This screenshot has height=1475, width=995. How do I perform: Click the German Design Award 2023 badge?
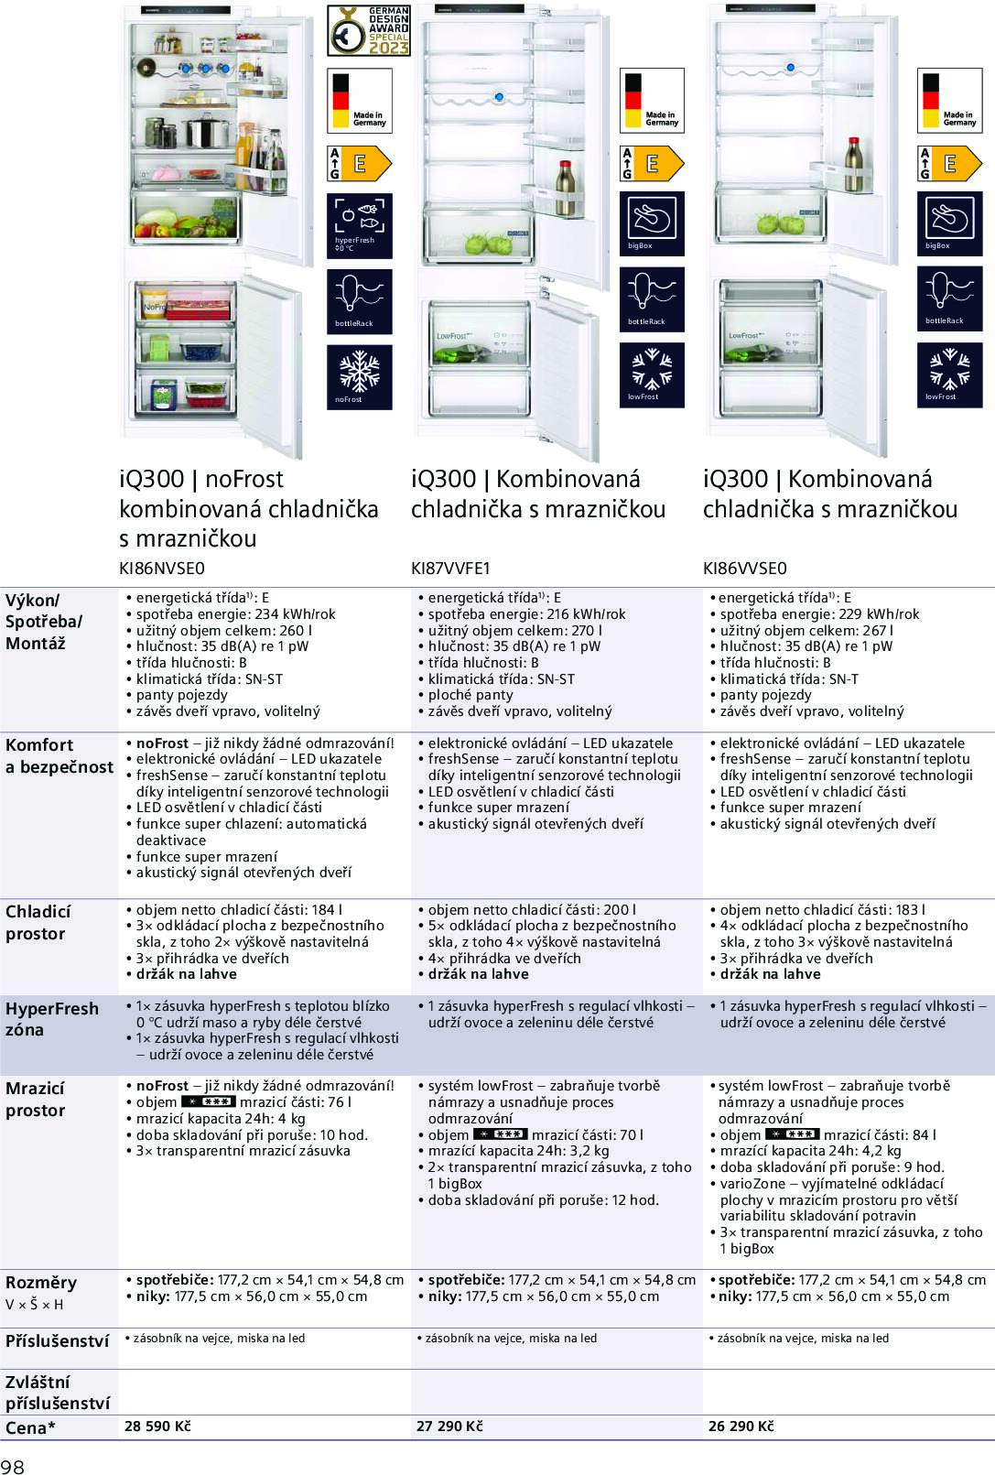[369, 30]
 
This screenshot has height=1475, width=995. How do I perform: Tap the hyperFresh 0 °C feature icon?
[360, 225]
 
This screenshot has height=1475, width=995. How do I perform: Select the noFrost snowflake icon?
[360, 376]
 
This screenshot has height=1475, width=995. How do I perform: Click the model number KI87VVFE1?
[450, 569]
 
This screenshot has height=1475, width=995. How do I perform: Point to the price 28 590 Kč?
[157, 1426]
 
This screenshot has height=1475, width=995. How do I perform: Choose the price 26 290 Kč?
[741, 1426]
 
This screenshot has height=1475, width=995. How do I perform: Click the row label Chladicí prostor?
[38, 923]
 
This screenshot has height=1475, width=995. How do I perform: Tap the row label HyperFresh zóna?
[52, 1019]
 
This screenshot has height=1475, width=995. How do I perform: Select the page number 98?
[13, 1466]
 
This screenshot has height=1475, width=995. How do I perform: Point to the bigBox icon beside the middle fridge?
[652, 223]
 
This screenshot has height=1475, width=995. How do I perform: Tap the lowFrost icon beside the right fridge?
[949, 374]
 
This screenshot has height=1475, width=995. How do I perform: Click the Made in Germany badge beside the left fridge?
[360, 101]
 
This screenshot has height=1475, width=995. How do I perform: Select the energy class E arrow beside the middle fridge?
[652, 163]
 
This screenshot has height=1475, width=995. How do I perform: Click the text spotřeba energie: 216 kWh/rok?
[527, 614]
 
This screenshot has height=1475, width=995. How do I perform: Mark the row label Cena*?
[30, 1426]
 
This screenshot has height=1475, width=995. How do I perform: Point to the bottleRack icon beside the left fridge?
[360, 301]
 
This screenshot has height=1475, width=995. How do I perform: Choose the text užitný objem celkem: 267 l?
[806, 630]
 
